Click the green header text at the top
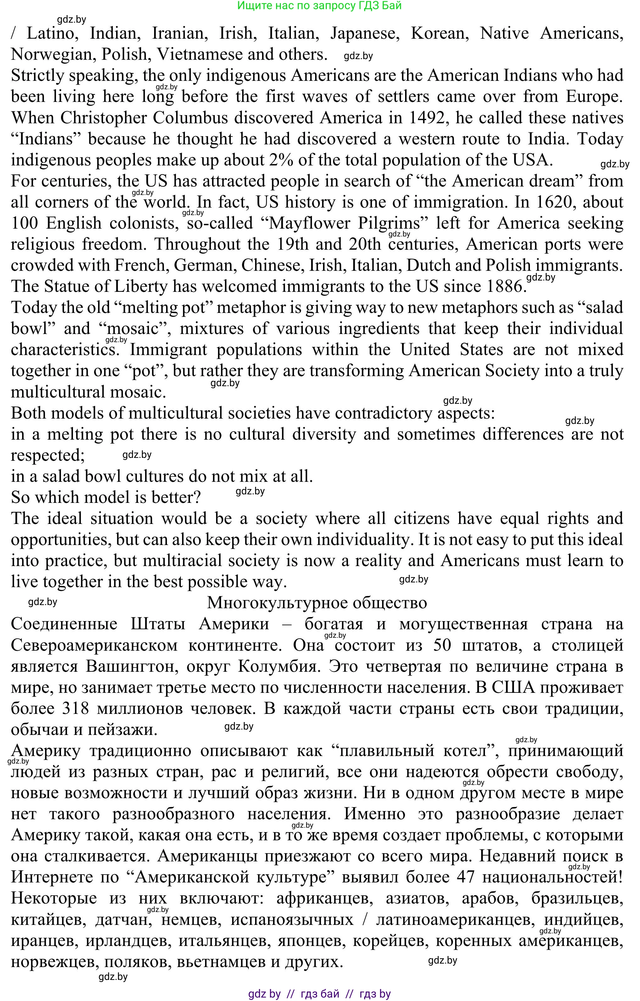coord(319,6)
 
